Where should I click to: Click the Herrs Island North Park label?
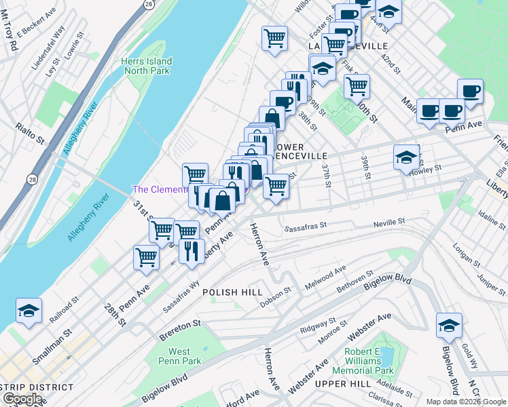coord(146,66)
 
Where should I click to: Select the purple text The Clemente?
coord(160,189)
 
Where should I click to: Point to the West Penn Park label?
coord(179,356)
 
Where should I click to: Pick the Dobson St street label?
coord(277,292)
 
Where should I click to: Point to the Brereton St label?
coord(181,324)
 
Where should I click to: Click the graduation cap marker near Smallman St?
coord(29,311)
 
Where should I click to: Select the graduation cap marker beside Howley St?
coord(406,158)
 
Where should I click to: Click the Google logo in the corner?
coord(23,399)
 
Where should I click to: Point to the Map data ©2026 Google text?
coord(466,402)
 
